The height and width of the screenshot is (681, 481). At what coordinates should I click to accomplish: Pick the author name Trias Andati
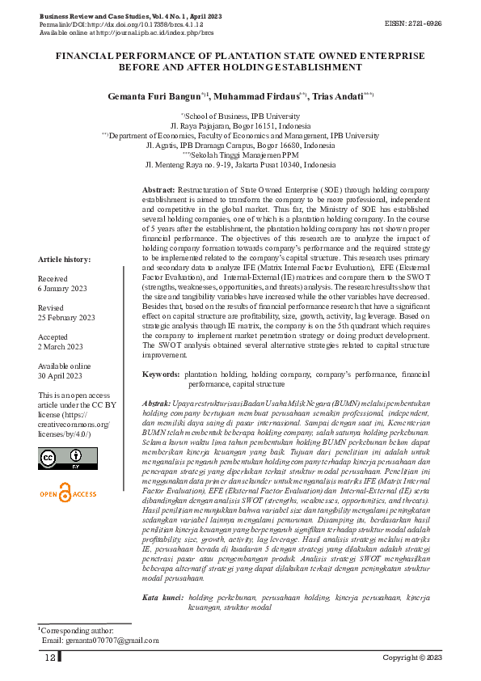click(339, 96)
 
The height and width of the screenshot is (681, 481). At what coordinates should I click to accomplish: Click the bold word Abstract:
click(159, 188)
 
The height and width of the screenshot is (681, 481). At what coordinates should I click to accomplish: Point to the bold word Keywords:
click(161, 374)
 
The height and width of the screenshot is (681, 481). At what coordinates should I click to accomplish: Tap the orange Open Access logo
click(67, 493)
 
